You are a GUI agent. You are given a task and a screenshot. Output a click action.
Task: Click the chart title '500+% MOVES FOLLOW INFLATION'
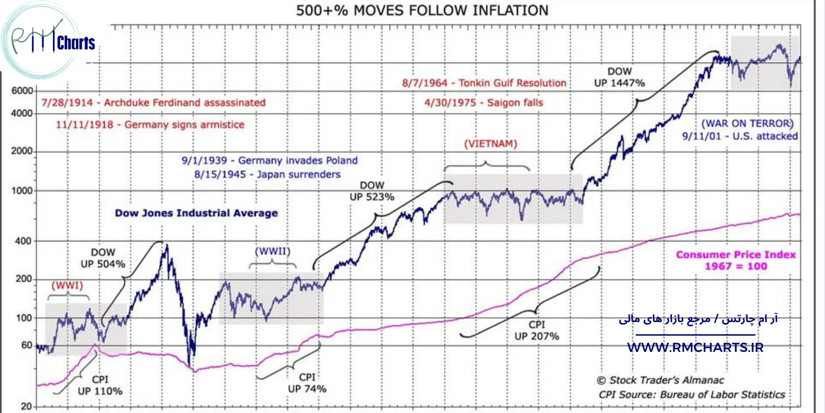point(422,10)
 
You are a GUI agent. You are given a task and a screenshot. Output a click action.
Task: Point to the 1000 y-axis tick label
point(22,191)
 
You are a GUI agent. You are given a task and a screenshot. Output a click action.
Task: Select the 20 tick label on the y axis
point(26,406)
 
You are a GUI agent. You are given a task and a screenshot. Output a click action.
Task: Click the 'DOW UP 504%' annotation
point(103,258)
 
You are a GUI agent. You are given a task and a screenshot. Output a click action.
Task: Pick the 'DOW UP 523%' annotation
point(372,191)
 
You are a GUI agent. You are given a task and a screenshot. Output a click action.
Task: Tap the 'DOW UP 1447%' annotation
point(619,77)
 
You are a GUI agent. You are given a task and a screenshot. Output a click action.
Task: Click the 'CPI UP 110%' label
point(100,385)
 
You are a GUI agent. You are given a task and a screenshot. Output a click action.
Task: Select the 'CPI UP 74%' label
point(307,383)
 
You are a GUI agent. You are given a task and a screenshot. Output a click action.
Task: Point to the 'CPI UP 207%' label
point(537,330)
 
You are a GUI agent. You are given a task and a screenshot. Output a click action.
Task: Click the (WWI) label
point(67,285)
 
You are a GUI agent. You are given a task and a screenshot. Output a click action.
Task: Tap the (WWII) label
point(272,251)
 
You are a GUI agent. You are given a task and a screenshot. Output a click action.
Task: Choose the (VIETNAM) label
point(490,144)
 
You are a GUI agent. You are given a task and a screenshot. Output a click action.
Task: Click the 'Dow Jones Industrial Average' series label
point(196,213)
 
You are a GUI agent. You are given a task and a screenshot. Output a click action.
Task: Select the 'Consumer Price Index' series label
point(736,255)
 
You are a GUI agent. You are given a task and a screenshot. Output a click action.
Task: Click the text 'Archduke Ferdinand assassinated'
point(184,102)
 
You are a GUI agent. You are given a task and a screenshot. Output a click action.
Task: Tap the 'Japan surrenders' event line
point(299,174)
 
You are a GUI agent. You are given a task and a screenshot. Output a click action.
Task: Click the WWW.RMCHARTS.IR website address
point(695,347)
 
